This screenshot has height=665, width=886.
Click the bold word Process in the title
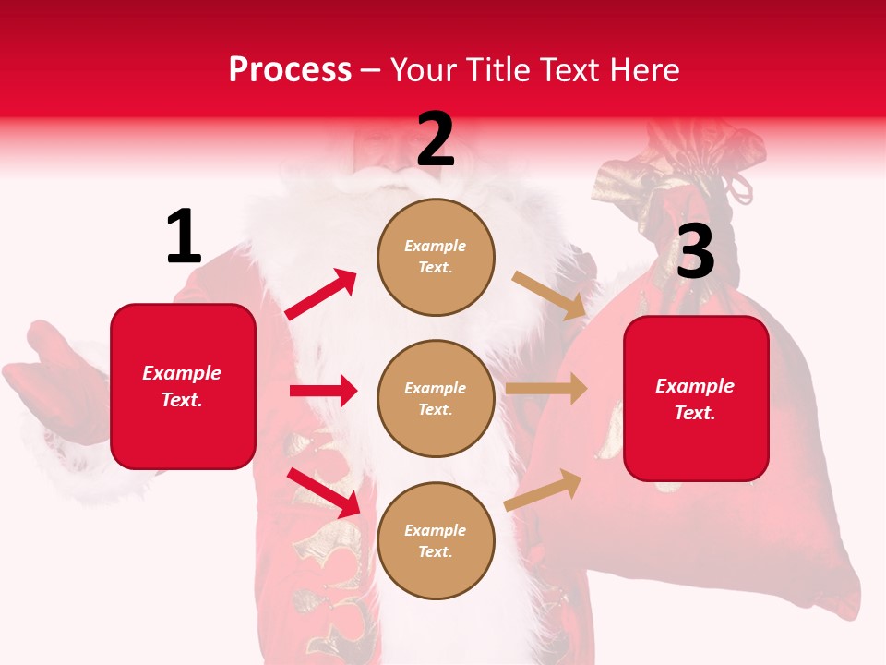tap(290, 70)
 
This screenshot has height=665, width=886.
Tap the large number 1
tap(184, 237)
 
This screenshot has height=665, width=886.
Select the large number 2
tap(436, 139)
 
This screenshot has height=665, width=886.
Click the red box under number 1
tap(183, 386)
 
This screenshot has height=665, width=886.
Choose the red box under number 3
tap(696, 399)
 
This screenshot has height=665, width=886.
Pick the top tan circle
tap(436, 257)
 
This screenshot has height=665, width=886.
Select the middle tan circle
tap(436, 398)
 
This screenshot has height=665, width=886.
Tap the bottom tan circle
tap(436, 540)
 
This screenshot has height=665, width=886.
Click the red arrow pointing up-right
tap(321, 295)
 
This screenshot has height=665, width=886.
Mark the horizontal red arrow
tap(323, 391)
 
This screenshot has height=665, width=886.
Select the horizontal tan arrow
tap(546, 389)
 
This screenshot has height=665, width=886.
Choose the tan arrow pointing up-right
tap(544, 490)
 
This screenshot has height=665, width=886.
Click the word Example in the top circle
tap(436, 247)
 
